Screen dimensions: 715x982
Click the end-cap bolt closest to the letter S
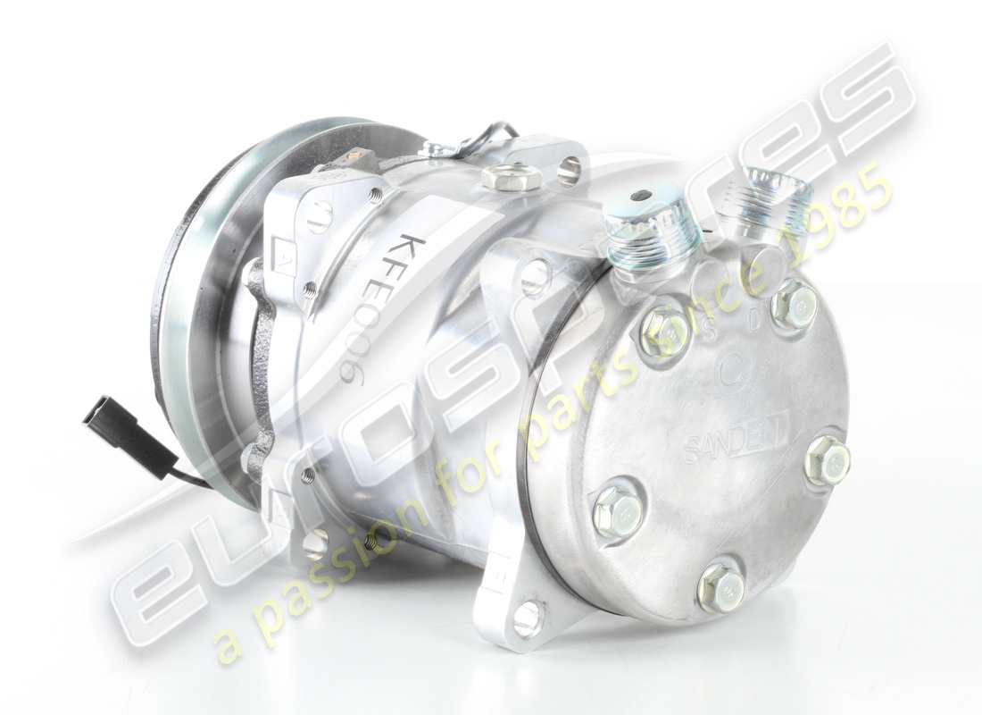[665, 332]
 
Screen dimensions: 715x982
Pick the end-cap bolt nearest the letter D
[794, 306]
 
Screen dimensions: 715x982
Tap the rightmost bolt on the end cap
[827, 461]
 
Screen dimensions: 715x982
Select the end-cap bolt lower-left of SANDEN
[618, 510]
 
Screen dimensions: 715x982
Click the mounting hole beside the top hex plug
[569, 169]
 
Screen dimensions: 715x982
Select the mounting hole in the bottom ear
[528, 617]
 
